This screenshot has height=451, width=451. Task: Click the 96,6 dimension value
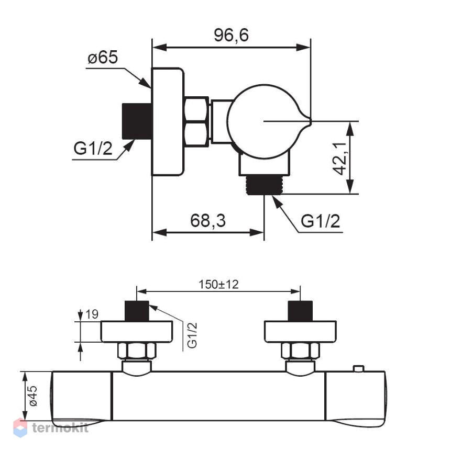pyautogui.click(x=231, y=35)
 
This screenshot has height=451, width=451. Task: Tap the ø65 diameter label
pyautogui.click(x=103, y=57)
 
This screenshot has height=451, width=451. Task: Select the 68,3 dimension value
pyautogui.click(x=208, y=221)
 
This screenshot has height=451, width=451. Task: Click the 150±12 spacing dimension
pyautogui.click(x=218, y=285)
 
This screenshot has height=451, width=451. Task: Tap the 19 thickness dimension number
pyautogui.click(x=92, y=314)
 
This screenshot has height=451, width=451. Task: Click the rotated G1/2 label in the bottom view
pyautogui.click(x=192, y=335)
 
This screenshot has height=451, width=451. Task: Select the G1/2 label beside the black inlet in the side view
pyautogui.click(x=93, y=149)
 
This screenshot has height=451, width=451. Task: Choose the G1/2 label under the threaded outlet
pyautogui.click(x=320, y=221)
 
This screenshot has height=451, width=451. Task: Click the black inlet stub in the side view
pyautogui.click(x=137, y=121)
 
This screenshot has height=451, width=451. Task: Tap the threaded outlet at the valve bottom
pyautogui.click(x=265, y=185)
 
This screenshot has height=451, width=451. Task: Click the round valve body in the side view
pyautogui.click(x=265, y=121)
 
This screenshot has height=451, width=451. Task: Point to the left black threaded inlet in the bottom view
pyautogui.click(x=137, y=311)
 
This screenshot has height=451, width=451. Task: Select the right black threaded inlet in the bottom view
pyautogui.click(x=300, y=311)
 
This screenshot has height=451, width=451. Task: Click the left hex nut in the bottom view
pyautogui.click(x=137, y=351)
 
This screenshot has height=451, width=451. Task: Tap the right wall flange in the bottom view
pyautogui.click(x=300, y=332)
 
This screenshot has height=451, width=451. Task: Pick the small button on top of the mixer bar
pyautogui.click(x=359, y=368)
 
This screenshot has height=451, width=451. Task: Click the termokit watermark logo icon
pyautogui.click(x=20, y=427)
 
